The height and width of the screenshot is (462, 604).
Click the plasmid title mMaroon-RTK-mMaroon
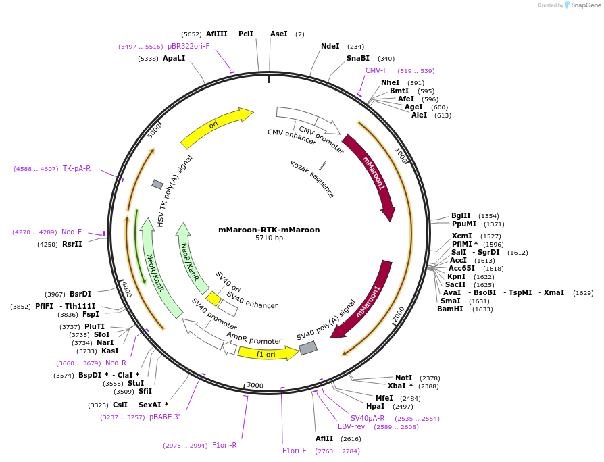(x=269, y=230)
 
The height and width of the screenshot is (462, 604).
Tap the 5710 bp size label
(x=269, y=238)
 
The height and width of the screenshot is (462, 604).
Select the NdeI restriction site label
(x=330, y=47)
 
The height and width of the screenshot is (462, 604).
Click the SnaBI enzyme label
(x=358, y=59)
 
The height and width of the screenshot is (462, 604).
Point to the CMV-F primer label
(x=376, y=71)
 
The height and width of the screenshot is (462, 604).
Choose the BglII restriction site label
(x=461, y=216)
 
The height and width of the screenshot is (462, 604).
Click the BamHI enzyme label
(x=451, y=309)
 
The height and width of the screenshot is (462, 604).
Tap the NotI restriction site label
(x=403, y=378)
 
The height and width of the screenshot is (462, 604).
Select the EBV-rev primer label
(x=351, y=427)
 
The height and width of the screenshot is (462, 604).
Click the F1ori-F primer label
(x=295, y=451)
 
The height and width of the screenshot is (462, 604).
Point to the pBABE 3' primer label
(x=164, y=417)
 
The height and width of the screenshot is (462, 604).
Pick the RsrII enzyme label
(x=72, y=245)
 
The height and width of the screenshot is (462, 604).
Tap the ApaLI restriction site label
(x=174, y=59)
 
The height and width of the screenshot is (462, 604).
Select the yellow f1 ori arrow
(x=268, y=353)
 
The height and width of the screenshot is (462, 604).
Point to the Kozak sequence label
(x=312, y=179)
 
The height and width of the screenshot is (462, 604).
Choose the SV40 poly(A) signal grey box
(x=308, y=348)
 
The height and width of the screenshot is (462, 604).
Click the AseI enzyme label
(x=278, y=34)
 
